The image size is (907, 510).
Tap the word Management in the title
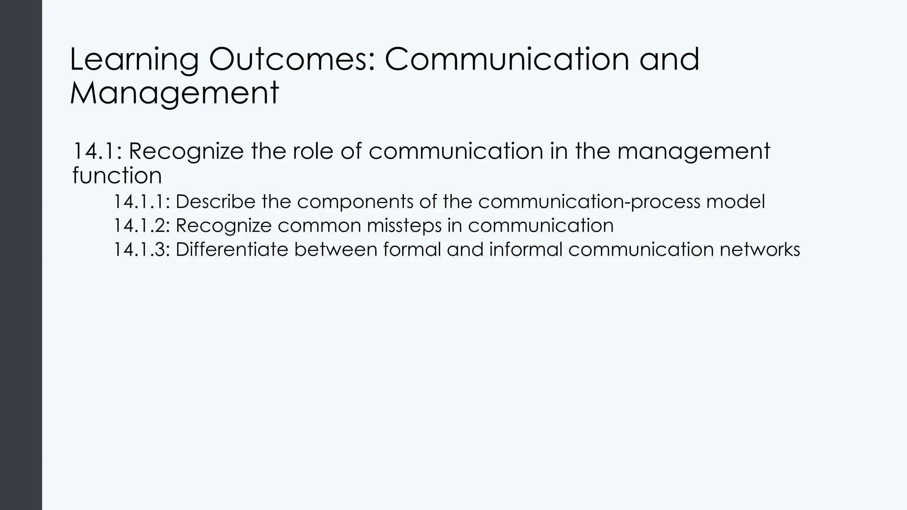[174, 93]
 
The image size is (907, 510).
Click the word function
[117, 175]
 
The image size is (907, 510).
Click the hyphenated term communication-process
[589, 202]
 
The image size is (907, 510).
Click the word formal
[412, 250]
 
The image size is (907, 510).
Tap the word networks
[760, 250]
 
